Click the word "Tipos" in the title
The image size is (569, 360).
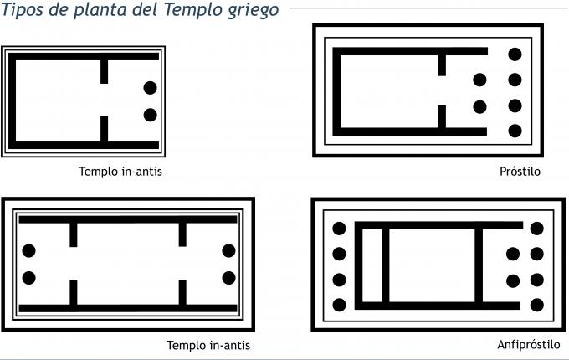[x=26, y=12]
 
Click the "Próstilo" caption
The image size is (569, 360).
[x=520, y=172]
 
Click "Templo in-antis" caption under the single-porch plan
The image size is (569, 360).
[x=120, y=172]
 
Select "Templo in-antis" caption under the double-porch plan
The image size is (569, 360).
[x=208, y=345]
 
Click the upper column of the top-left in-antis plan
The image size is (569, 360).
[x=151, y=87]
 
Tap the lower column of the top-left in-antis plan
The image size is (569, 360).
[x=151, y=115]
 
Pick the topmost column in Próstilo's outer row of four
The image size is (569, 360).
[x=515, y=54]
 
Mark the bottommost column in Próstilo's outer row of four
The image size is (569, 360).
[x=515, y=131]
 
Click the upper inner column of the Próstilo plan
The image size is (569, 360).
[x=479, y=80]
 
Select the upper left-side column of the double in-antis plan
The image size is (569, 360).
[x=29, y=250]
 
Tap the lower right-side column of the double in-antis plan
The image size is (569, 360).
[x=228, y=277]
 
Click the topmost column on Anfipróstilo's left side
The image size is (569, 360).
[x=340, y=228]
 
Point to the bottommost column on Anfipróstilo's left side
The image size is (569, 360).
[x=340, y=305]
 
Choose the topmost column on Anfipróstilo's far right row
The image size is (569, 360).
[x=536, y=228]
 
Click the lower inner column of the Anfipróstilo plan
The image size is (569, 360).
[x=513, y=280]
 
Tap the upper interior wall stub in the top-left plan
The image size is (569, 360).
[x=105, y=70]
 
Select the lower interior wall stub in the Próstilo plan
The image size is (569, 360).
[x=442, y=118]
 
